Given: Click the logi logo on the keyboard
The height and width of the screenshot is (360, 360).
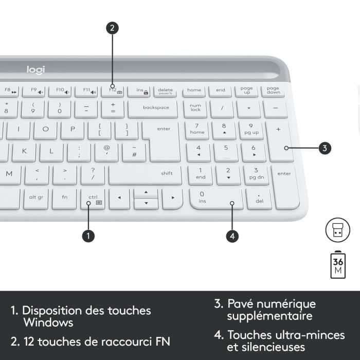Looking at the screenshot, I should (x=36, y=69).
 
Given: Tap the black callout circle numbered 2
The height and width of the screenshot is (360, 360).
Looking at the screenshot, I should (x=113, y=28).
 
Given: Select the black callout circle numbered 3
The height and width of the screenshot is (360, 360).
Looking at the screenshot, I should (x=323, y=149).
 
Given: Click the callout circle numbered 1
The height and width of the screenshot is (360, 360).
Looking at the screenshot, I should (x=88, y=236).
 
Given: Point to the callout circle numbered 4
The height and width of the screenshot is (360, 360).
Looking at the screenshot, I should (x=232, y=236).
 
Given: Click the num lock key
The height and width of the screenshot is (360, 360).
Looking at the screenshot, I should (x=195, y=108).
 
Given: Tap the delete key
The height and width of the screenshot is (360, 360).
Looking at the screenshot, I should (x=165, y=91).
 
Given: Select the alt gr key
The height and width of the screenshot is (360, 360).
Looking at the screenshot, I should (x=37, y=197).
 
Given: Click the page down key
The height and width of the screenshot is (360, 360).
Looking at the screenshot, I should (x=273, y=91).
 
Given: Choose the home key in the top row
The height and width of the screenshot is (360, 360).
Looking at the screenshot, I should (x=194, y=91).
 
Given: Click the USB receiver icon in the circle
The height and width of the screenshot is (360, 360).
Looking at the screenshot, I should (x=337, y=230).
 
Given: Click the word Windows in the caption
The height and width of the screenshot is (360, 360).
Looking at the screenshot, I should (x=48, y=323).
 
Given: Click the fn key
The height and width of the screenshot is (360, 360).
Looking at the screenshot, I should (x=64, y=197).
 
